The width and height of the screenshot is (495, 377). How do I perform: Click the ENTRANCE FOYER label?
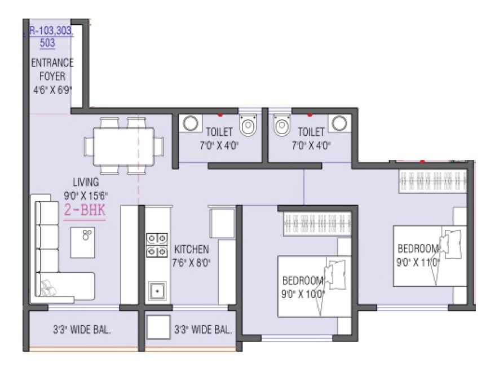pyautogui.click(x=52, y=69)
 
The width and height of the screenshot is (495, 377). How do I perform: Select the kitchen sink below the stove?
pyautogui.click(x=157, y=291)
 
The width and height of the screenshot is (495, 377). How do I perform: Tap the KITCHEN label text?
pyautogui.click(x=192, y=249)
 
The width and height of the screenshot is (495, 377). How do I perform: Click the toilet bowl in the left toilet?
pyautogui.click(x=248, y=126)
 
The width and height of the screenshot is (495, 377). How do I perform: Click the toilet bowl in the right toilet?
pyautogui.click(x=281, y=126)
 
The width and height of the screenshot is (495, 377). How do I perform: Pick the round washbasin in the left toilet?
pyautogui.click(x=190, y=123)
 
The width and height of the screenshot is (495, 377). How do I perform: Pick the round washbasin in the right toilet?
pyautogui.click(x=338, y=123)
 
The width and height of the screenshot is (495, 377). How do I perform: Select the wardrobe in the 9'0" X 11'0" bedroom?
pyautogui.click(x=432, y=181)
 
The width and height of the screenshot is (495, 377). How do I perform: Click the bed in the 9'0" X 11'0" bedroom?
pyautogui.click(x=430, y=255)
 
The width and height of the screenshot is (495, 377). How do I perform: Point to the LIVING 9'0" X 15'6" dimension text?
pyautogui.click(x=86, y=188)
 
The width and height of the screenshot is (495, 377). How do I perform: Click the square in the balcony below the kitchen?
pyautogui.click(x=158, y=327)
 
